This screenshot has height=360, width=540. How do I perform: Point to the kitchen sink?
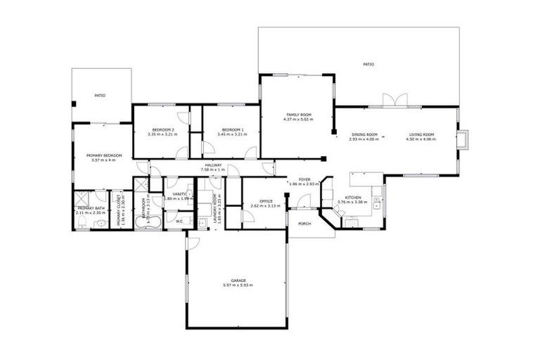pos(377,203)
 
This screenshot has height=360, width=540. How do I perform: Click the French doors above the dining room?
pos(393,101)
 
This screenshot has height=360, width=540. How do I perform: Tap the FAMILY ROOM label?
pos(297,115)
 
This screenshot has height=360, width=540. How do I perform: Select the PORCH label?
pos(304,224)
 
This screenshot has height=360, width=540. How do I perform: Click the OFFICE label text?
pos(265,201)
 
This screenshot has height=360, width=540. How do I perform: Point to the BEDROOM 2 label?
pos(163,129)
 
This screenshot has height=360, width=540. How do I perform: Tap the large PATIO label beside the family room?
pos(368,64)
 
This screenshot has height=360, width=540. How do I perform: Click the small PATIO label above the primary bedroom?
pos(100,95)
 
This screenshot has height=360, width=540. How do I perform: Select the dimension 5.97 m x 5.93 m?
pos(238,285)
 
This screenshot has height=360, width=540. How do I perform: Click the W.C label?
pos(179,221)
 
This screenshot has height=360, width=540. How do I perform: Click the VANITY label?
pos(179,194)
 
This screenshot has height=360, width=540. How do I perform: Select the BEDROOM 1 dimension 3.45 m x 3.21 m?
pos(232,134)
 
